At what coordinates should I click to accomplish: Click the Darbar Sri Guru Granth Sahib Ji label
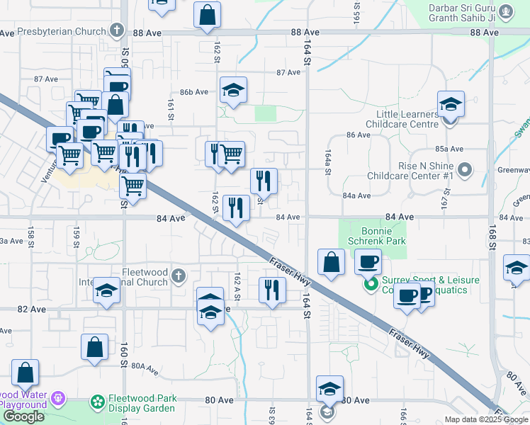coord(464,13)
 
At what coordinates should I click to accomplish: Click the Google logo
coord(24,416)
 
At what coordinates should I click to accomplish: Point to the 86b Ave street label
coord(193,92)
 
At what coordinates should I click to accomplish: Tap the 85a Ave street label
coord(449,149)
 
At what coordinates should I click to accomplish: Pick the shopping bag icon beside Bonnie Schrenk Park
coord(332,262)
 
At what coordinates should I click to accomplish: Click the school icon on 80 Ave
coord(329,388)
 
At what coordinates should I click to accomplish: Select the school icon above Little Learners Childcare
coord(450,104)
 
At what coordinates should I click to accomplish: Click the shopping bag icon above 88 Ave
coord(207,14)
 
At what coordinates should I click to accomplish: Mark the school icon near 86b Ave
coord(232,89)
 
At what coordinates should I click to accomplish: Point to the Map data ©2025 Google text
coord(486,419)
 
